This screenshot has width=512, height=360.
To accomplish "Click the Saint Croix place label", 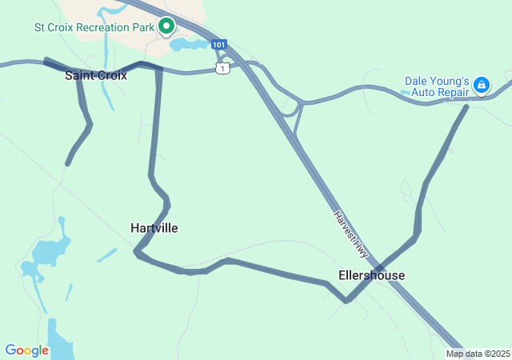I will click(96, 75).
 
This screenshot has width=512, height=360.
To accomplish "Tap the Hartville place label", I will click(154, 228).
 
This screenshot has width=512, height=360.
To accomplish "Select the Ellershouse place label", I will click(371, 275).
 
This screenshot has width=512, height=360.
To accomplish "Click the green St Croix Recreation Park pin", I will click(166, 26).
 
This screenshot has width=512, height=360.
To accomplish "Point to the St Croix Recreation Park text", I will click(93, 27).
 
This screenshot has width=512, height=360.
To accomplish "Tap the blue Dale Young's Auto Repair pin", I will click(481, 84).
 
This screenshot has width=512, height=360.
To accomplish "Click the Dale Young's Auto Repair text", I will click(437, 86).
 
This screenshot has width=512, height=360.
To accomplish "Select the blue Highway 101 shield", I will click(219, 44).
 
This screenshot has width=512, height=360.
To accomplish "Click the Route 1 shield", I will click(222, 69).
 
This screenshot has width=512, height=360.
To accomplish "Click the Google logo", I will click(26, 350).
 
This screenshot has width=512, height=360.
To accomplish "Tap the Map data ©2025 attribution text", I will click(478, 354).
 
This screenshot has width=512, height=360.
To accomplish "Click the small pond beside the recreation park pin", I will click(189, 44).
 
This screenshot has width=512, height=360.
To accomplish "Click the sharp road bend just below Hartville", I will click(138, 253).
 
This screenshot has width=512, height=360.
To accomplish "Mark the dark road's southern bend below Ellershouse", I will click(346, 302).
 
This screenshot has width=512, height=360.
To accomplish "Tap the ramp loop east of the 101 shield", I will click(292, 104).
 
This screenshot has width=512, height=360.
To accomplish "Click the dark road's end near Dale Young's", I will click(466, 106).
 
